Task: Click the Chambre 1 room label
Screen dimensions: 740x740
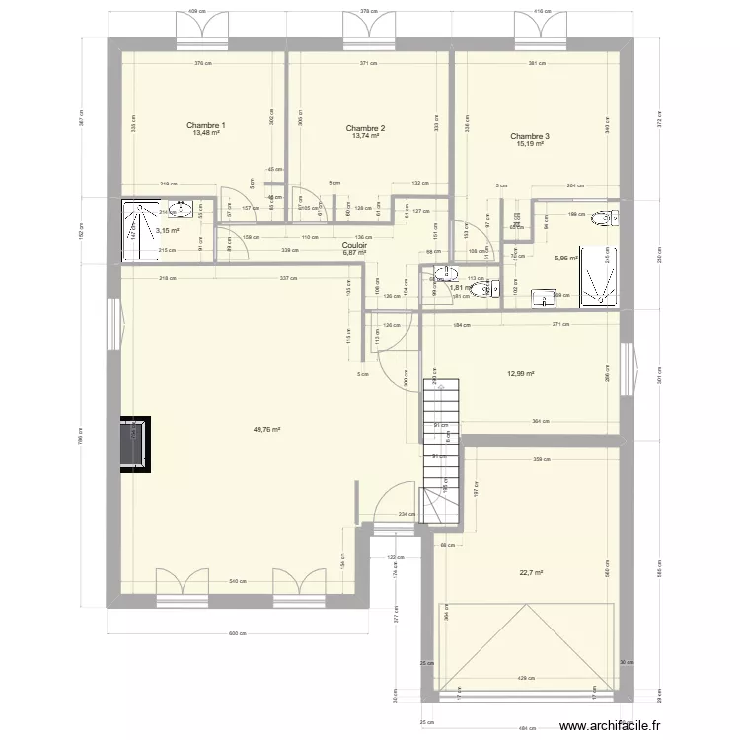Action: tap(206, 125)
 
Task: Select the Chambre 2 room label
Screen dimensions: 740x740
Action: tap(365, 128)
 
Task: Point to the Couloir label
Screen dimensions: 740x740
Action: tap(354, 245)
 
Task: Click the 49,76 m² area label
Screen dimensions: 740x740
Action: tap(266, 430)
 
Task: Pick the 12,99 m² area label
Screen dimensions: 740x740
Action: tap(520, 373)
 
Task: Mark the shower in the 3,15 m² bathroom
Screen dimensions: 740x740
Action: tap(134, 233)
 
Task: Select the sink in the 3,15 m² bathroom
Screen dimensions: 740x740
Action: tap(181, 209)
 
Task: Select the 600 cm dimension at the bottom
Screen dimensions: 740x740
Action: tap(237, 634)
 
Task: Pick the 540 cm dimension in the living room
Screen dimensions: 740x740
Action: tap(237, 582)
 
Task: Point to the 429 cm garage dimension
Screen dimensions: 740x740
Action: tap(524, 678)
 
